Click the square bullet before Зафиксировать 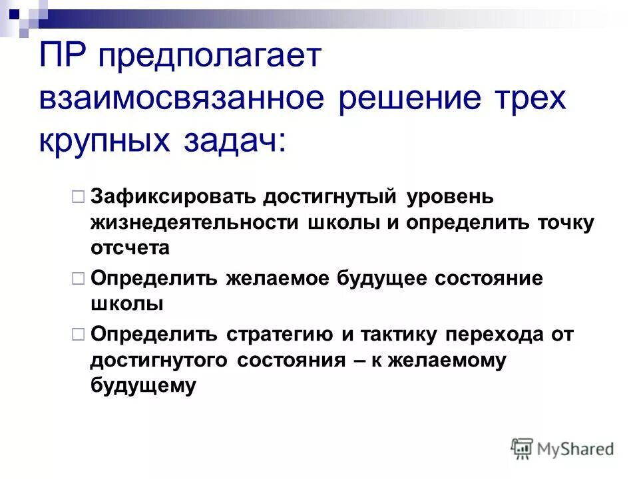[x=77, y=197]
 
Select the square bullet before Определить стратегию [x=77, y=334]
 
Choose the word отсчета [x=130, y=247]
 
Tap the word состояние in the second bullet [x=489, y=278]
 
